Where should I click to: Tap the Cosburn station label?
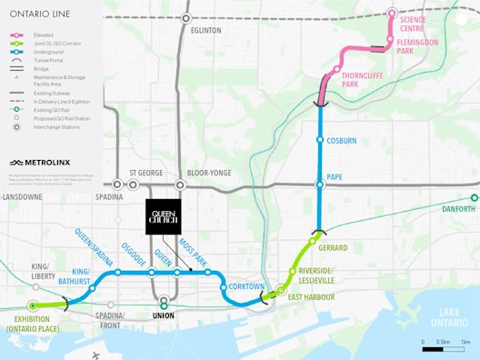pyautogui.click(x=342, y=141)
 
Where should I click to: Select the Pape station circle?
pyautogui.click(x=319, y=185)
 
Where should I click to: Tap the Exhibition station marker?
pyautogui.click(x=34, y=305)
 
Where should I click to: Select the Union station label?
pyautogui.click(x=164, y=316)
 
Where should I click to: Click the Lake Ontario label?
pyautogui.click(x=446, y=317)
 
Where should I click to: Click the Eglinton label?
pyautogui.click(x=206, y=30)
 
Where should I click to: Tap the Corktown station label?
pyautogui.click(x=246, y=286)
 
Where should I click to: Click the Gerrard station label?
pyautogui.click(x=334, y=247)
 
